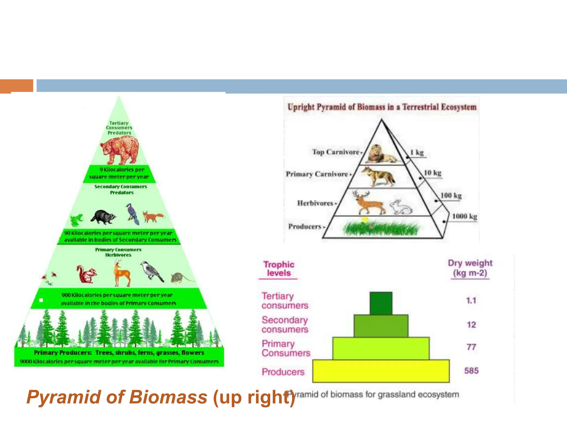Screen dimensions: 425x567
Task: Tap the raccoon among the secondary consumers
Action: (103, 217)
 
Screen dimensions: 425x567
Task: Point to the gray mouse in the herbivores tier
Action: (179, 278)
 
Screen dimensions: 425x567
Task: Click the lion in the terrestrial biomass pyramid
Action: (382, 155)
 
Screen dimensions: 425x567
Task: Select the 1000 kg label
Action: (464, 216)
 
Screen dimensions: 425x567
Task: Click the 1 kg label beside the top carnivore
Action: (417, 152)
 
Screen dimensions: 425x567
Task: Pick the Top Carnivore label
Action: (336, 152)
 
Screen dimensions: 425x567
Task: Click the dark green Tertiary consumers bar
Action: (381, 303)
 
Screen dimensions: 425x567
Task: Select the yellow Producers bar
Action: (381, 371)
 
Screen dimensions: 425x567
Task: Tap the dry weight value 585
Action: (471, 371)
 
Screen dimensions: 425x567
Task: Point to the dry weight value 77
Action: (471, 347)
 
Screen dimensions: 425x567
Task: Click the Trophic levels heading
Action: (279, 269)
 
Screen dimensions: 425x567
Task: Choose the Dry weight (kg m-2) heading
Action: (470, 268)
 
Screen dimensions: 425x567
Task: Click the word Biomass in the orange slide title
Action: (168, 397)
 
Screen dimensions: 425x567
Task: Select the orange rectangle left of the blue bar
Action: (17, 86)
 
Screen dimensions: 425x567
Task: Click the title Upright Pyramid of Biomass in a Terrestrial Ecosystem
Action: (382, 107)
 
